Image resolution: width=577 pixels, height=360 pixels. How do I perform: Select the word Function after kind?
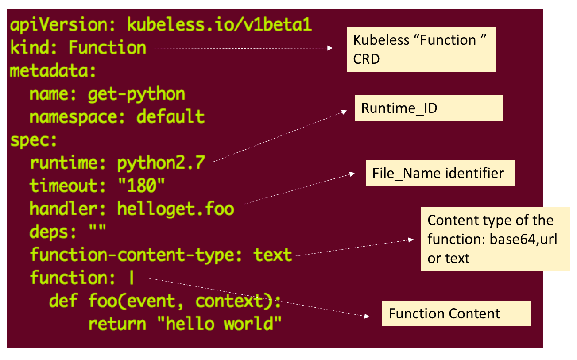pos(107,47)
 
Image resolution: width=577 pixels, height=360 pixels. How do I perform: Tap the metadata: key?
pos(53,71)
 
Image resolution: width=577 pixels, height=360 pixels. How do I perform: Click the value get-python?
pos(136,94)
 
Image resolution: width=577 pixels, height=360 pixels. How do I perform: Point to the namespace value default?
pos(170,117)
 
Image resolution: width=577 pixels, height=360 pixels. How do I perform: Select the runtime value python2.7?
pos(161,163)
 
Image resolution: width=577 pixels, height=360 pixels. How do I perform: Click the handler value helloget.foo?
pos(175,209)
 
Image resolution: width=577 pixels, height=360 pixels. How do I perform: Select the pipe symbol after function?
pos(132,278)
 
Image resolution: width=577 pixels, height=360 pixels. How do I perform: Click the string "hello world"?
pos(224,324)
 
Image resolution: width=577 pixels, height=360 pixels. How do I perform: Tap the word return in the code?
pos(117,324)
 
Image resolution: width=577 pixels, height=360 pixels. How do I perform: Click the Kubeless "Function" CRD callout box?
pos(420,49)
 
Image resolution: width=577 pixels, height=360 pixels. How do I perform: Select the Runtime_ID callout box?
pos(429,108)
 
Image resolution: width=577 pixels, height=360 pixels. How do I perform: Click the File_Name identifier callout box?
pos(440,173)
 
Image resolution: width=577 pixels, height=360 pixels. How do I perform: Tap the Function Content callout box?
pos(456,314)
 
